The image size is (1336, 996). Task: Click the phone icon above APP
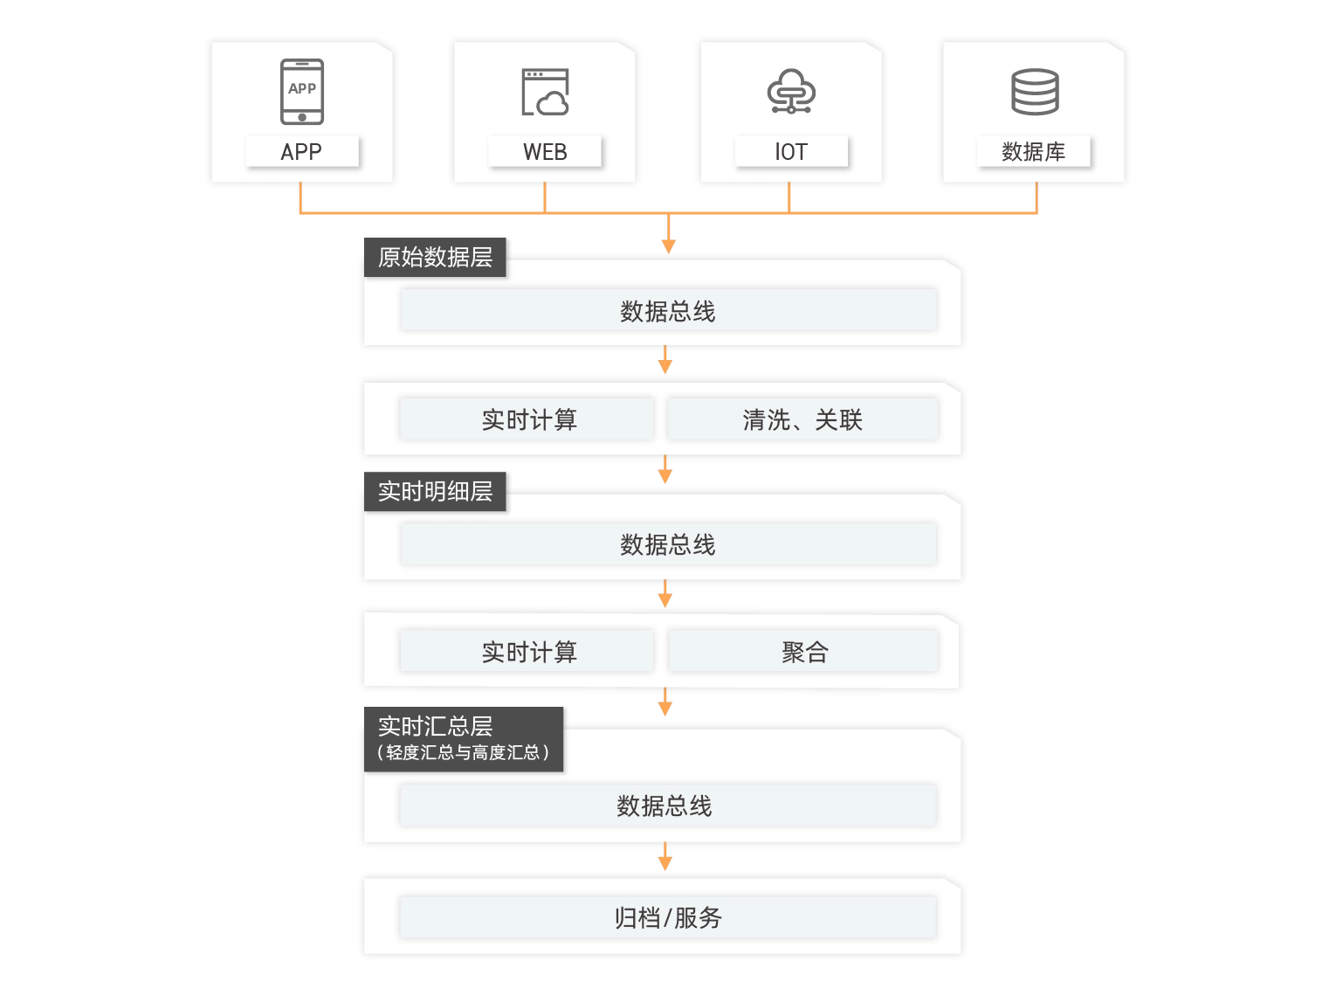tap(302, 91)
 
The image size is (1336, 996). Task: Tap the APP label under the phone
tap(302, 151)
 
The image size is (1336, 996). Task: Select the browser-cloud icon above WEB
tap(545, 93)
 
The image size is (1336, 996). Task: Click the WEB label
tap(545, 151)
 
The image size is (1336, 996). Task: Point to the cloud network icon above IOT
tap(791, 92)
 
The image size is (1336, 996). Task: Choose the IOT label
tap(791, 151)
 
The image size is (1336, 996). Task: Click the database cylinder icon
tap(1035, 92)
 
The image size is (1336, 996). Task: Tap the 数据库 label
tap(1034, 151)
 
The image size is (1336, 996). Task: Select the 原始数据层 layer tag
tap(435, 256)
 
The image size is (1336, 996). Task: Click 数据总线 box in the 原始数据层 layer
tap(668, 310)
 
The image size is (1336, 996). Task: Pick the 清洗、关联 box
tap(802, 419)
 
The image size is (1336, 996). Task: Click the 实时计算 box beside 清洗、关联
tap(528, 419)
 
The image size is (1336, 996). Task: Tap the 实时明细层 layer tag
tap(435, 490)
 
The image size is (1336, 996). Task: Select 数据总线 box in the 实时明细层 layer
tap(668, 544)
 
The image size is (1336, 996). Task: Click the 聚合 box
tap(803, 652)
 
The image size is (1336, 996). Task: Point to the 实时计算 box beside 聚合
tap(528, 652)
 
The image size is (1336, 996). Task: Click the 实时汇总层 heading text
tap(435, 725)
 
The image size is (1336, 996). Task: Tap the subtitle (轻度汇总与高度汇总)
tap(463, 752)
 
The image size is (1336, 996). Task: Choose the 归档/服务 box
tap(668, 917)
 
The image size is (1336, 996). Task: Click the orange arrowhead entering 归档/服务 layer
tap(665, 862)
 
